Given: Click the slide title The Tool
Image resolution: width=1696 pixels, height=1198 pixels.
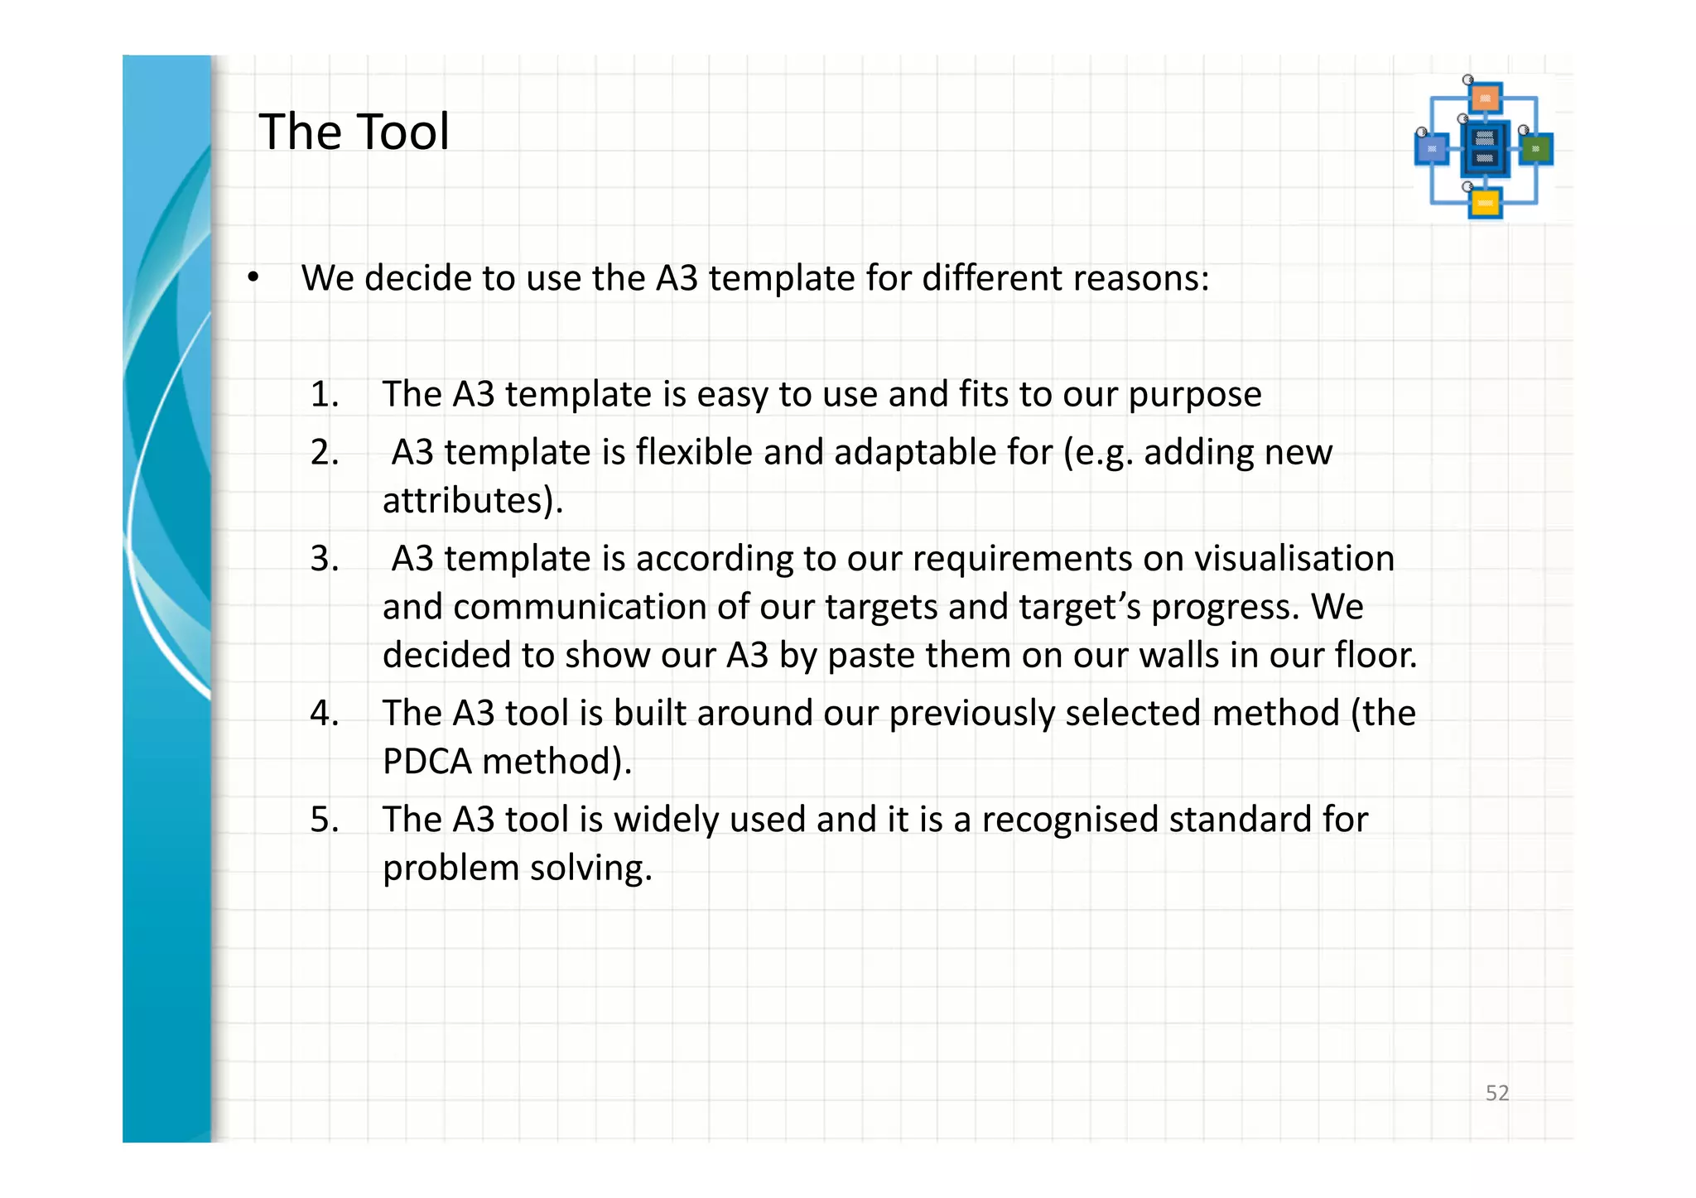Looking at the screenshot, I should [354, 132].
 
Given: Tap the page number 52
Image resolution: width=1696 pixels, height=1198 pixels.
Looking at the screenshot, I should [1496, 1093].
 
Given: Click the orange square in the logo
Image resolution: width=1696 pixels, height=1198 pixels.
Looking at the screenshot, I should [1486, 98].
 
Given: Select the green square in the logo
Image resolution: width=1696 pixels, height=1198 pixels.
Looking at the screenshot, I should [1536, 149].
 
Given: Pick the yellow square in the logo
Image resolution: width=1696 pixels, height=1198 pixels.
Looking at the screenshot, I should [1485, 203].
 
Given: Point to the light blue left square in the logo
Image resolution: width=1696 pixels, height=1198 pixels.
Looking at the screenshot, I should [1431, 149].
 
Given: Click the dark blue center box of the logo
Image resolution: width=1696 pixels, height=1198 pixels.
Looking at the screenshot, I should [1485, 148].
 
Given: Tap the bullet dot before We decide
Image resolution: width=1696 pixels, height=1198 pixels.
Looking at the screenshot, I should [253, 278].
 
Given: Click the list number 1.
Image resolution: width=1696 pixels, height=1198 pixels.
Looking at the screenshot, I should [325, 394].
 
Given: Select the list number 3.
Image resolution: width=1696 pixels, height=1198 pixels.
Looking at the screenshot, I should [325, 559].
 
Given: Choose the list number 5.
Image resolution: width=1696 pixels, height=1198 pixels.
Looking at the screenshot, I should [325, 820].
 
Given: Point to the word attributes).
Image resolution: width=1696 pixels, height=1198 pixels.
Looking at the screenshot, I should [472, 501].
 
